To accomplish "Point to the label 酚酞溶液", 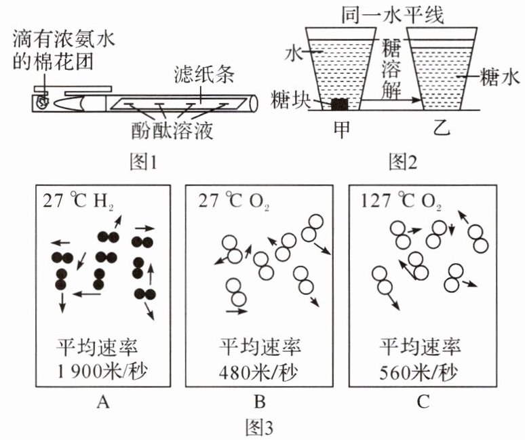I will (x=172, y=130).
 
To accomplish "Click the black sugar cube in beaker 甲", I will (x=338, y=104).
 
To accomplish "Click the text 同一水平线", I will (x=395, y=14).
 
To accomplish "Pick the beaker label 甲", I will (x=344, y=129).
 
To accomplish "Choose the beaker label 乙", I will (x=444, y=129).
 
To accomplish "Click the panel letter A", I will (x=102, y=403).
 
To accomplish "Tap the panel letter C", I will (x=422, y=403).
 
